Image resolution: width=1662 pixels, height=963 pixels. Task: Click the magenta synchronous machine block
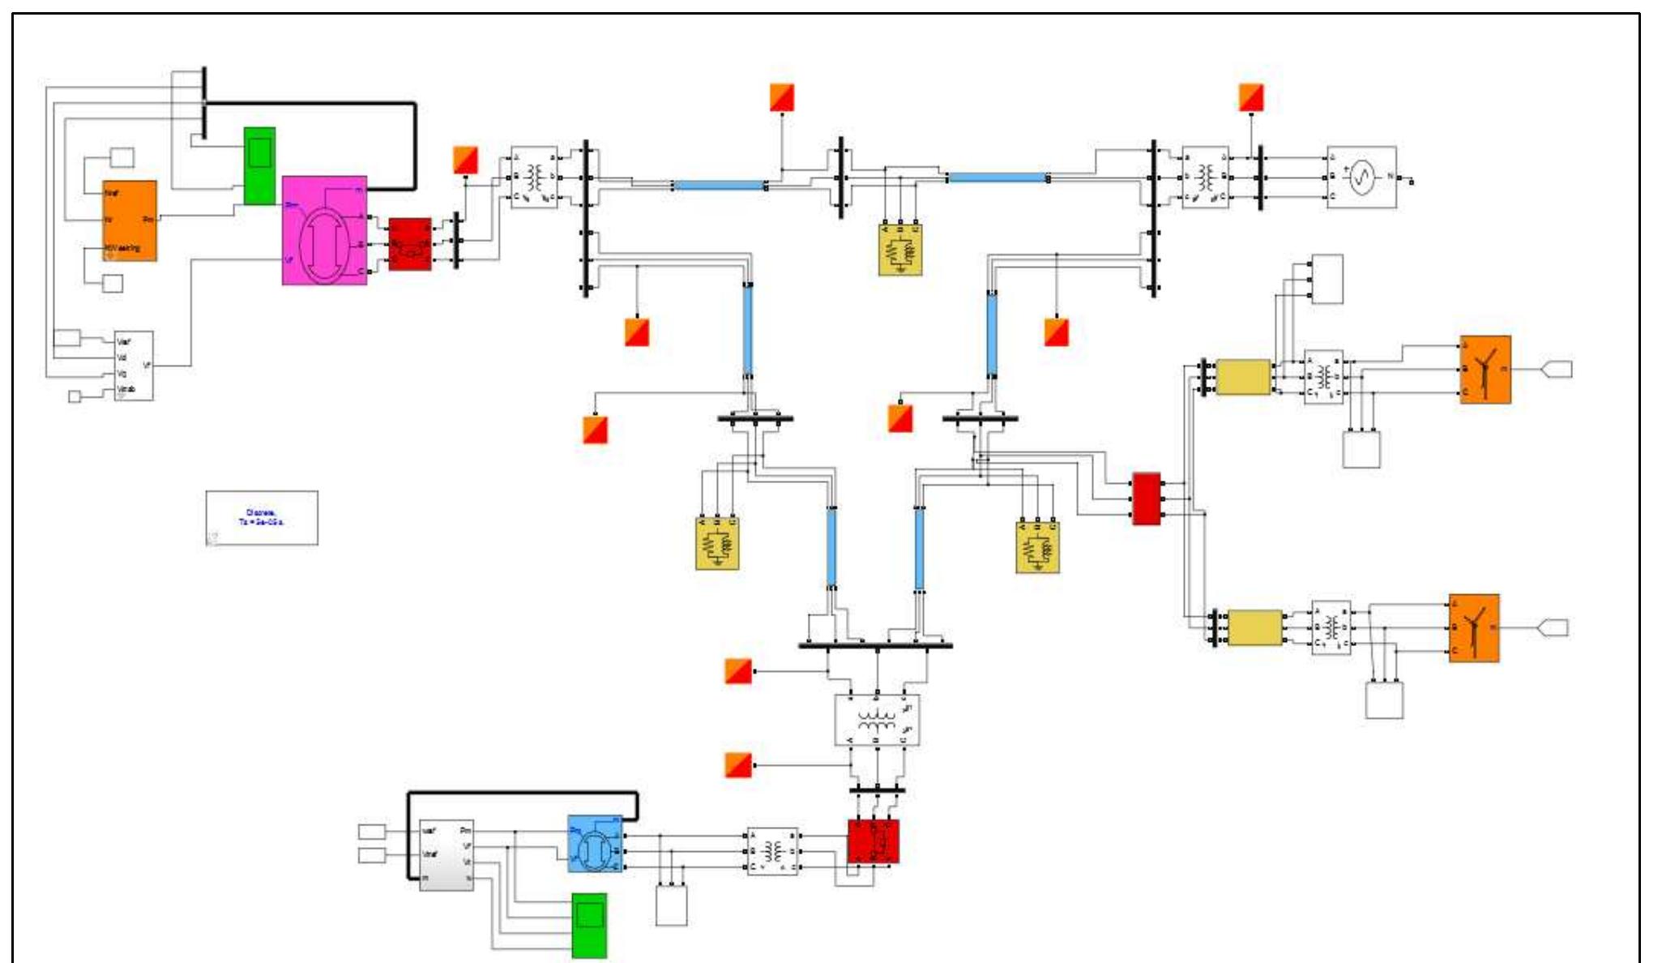(324, 230)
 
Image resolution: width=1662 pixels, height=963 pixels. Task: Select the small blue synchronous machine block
(596, 843)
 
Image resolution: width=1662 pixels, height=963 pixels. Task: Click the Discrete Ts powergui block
(262, 518)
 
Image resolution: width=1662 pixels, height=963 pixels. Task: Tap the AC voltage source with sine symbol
(1361, 177)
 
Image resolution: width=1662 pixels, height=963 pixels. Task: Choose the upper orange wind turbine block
(1485, 370)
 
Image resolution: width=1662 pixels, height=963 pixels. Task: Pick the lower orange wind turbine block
(1474, 628)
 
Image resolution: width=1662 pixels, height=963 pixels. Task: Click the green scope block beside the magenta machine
(259, 166)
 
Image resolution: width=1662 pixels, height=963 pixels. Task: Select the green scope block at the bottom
(589, 925)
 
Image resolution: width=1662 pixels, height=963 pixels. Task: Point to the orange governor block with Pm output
(130, 220)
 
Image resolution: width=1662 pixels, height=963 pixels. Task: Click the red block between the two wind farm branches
(1146, 499)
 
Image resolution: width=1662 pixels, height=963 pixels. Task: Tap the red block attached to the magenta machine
(410, 244)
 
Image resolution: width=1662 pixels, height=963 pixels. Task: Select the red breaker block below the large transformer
(873, 841)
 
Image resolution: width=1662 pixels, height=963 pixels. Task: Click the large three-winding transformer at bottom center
(877, 720)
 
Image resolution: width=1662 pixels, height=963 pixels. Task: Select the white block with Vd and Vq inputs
(134, 366)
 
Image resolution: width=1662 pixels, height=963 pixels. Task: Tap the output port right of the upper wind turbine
(1557, 370)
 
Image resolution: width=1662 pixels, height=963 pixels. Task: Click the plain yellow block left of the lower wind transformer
(1255, 628)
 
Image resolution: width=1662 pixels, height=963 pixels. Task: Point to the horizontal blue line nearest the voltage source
(998, 178)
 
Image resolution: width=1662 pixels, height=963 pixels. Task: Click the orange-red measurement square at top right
(1251, 97)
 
